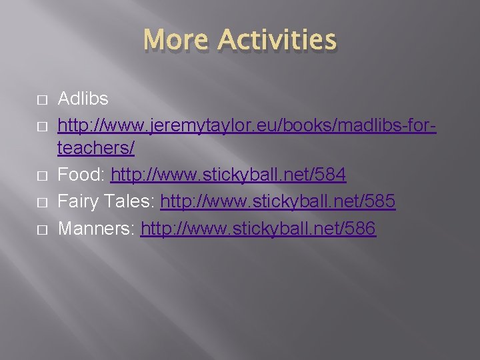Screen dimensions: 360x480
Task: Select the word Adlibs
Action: click(x=83, y=99)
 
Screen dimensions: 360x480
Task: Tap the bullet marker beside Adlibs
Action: click(x=42, y=99)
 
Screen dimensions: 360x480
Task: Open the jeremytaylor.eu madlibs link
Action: click(x=247, y=125)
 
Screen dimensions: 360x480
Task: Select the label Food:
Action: click(x=82, y=176)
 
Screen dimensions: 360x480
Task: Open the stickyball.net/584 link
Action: click(x=228, y=176)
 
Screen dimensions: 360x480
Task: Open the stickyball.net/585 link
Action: click(x=278, y=202)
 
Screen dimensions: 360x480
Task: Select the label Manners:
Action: click(x=97, y=229)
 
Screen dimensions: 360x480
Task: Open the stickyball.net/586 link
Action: click(x=258, y=229)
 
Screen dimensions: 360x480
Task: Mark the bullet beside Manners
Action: click(x=42, y=229)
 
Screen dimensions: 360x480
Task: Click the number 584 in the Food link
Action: click(x=331, y=176)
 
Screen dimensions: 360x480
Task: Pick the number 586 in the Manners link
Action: click(x=361, y=229)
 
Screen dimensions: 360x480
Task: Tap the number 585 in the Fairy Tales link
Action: click(x=381, y=202)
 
